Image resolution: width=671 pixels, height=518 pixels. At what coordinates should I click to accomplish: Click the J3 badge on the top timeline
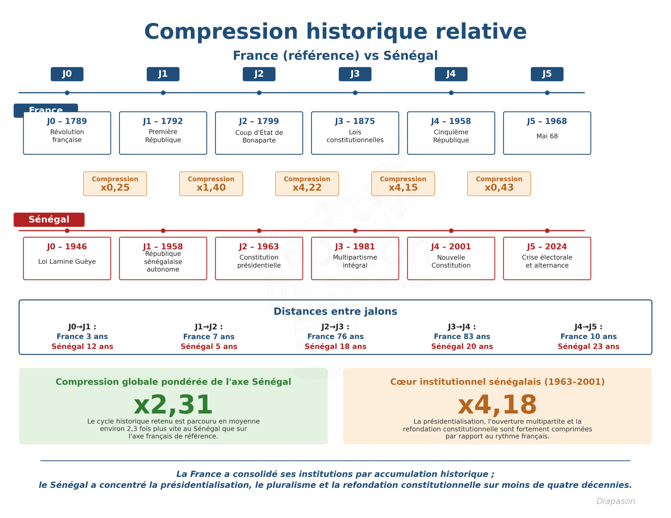tap(355, 74)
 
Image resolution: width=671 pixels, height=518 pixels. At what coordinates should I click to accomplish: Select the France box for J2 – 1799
tap(259, 133)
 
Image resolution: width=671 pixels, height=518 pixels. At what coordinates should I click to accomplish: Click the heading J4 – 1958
tap(451, 121)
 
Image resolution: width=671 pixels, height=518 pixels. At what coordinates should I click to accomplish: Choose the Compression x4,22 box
tap(307, 184)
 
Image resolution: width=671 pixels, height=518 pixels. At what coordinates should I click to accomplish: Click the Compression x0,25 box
tap(115, 184)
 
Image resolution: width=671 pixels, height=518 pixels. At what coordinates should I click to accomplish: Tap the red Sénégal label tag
tap(49, 220)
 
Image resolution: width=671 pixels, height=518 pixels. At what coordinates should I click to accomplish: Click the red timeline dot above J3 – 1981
tap(355, 231)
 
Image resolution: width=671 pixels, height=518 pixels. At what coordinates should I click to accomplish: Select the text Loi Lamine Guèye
tap(67, 261)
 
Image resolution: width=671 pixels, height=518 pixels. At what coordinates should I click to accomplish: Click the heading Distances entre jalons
tap(335, 311)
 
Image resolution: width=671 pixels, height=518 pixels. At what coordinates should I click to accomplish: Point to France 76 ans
tap(335, 336)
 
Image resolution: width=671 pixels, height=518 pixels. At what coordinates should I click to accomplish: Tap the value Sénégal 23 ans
tap(588, 346)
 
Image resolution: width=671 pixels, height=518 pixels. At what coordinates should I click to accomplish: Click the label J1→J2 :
tap(209, 327)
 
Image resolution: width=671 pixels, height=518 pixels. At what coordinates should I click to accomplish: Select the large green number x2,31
tap(173, 405)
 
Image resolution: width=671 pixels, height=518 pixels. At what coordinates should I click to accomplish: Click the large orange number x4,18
tap(497, 405)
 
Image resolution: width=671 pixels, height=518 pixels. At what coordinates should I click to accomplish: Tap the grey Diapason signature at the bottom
tap(616, 501)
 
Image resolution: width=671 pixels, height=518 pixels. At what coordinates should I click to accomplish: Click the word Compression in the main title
tap(221, 32)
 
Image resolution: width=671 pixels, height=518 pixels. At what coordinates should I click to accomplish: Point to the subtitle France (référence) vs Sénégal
tap(335, 56)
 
